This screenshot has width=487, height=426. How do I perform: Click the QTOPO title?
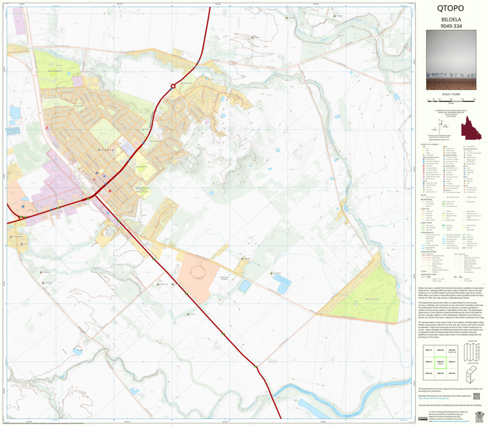click(x=450, y=9)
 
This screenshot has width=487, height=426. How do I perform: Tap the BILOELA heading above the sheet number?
click(x=450, y=19)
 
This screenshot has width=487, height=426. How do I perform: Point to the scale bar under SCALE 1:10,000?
click(x=451, y=100)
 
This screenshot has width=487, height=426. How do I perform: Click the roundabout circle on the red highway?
click(x=172, y=86)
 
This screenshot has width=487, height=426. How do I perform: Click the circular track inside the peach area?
click(x=197, y=273)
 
